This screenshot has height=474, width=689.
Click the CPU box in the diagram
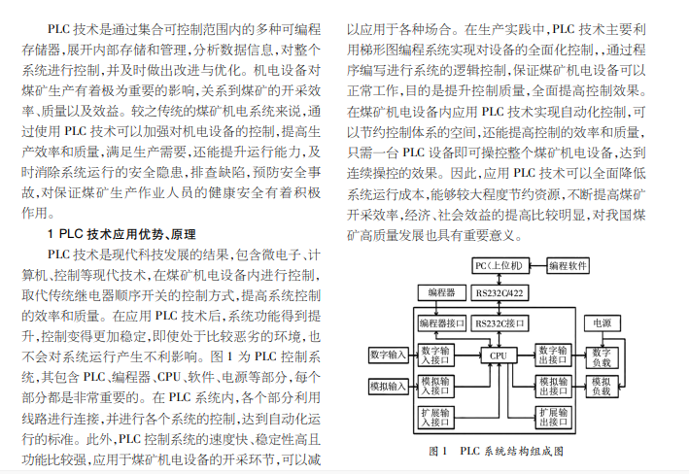pyautogui.click(x=499, y=355)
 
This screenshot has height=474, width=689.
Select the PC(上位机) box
pyautogui.click(x=499, y=266)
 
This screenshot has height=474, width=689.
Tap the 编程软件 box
pyautogui.click(x=568, y=266)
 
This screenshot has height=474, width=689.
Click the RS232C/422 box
pyautogui.click(x=500, y=293)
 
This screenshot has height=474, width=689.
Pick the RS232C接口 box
pyautogui.click(x=500, y=323)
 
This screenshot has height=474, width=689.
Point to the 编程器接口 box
pyautogui.click(x=441, y=323)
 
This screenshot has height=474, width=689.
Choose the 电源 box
pyautogui.click(x=602, y=323)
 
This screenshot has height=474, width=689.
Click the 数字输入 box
pyautogui.click(x=388, y=355)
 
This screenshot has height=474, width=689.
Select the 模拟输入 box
pyautogui.click(x=388, y=387)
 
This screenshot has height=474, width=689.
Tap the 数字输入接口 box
pyautogui.click(x=435, y=355)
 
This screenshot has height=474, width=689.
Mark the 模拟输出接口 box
pyautogui.click(x=553, y=387)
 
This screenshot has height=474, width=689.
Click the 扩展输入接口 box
pyautogui.click(x=435, y=418)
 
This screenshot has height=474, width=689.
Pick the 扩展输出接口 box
pyautogui.click(x=553, y=418)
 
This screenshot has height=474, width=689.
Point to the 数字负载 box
pyautogui.click(x=602, y=358)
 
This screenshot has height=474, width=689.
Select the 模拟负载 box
pyautogui.click(x=602, y=387)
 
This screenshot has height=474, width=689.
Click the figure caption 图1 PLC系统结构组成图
pyautogui.click(x=496, y=451)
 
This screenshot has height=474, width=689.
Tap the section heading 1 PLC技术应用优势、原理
pyautogui.click(x=121, y=235)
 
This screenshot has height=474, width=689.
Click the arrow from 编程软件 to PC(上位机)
pyautogui.click(x=537, y=266)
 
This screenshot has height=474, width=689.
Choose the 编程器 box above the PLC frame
pyautogui.click(x=441, y=293)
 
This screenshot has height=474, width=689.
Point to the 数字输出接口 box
pyautogui.click(x=553, y=355)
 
